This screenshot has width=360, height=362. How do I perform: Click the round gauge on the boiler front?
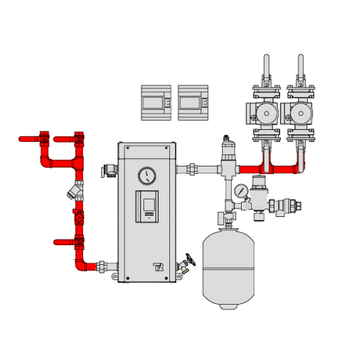tap(146, 175)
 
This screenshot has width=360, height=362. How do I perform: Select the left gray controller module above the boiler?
tap(156, 102)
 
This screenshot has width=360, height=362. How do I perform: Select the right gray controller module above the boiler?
tap(193, 102)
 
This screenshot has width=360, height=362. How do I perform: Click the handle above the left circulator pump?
tap(266, 66)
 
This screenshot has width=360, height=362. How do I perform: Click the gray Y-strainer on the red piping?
tap(76, 190)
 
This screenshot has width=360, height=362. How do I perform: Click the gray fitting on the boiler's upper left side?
tap(108, 169)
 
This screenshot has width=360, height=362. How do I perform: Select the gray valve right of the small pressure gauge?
tap(278, 205)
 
